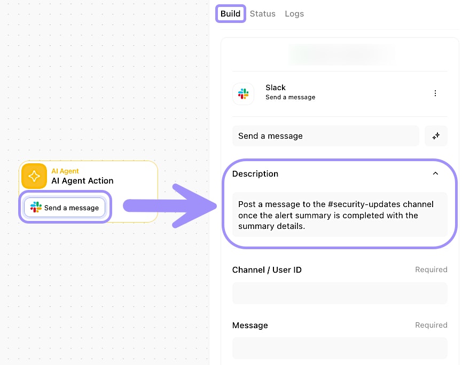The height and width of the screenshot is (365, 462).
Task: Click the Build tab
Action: point(230,13)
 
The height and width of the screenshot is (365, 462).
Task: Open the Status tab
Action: point(263,13)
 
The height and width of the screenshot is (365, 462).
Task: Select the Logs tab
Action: point(294,14)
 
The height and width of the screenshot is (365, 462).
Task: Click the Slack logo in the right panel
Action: point(244,93)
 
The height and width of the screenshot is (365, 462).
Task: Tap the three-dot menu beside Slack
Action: point(435,93)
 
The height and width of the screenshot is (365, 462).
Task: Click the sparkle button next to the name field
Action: point(436,136)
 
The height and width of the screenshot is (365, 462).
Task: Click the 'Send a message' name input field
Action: point(326,136)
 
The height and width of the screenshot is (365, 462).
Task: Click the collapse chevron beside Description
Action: point(435,173)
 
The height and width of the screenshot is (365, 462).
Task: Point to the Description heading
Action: point(255,173)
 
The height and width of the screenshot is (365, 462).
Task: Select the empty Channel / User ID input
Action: point(340,293)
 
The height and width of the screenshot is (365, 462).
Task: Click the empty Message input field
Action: point(340,348)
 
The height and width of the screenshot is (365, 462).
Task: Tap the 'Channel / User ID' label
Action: point(267,269)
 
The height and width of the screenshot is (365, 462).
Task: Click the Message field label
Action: point(250,325)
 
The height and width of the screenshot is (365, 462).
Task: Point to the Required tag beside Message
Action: point(431,325)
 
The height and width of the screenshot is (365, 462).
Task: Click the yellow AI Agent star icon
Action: point(34,176)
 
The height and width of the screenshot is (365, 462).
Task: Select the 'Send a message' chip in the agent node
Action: point(65,208)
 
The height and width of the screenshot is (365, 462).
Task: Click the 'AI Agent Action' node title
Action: point(82,180)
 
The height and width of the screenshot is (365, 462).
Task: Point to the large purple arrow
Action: point(170,206)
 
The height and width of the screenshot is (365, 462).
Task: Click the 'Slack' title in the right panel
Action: point(276,88)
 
